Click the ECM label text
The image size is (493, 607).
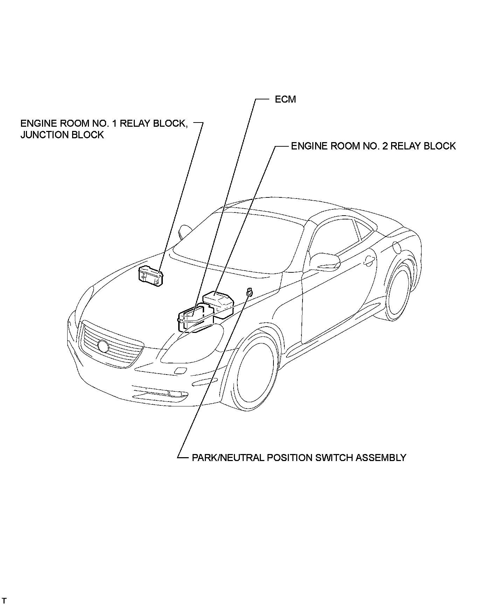tap(285, 99)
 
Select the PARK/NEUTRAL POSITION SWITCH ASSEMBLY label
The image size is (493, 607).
tap(299, 458)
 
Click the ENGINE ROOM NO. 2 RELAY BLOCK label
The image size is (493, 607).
tap(373, 146)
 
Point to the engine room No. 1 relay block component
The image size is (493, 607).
tap(151, 275)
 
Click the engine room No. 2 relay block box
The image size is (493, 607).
tap(218, 302)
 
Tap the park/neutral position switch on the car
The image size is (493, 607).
tap(250, 292)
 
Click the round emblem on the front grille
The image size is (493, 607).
tap(103, 346)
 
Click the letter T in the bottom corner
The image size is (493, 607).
tap(5, 601)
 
